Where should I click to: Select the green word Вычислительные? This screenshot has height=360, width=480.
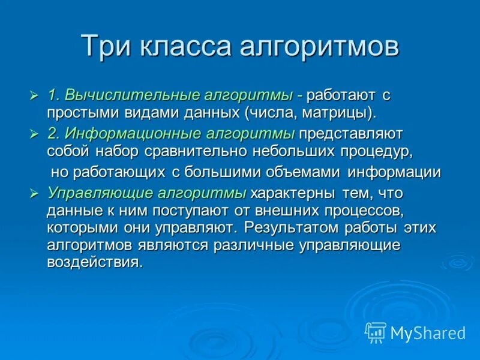tap(133, 95)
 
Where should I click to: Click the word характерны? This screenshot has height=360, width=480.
tap(287, 193)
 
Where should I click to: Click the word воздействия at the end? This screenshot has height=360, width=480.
tap(95, 262)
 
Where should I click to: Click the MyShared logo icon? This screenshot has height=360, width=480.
tap(376, 332)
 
